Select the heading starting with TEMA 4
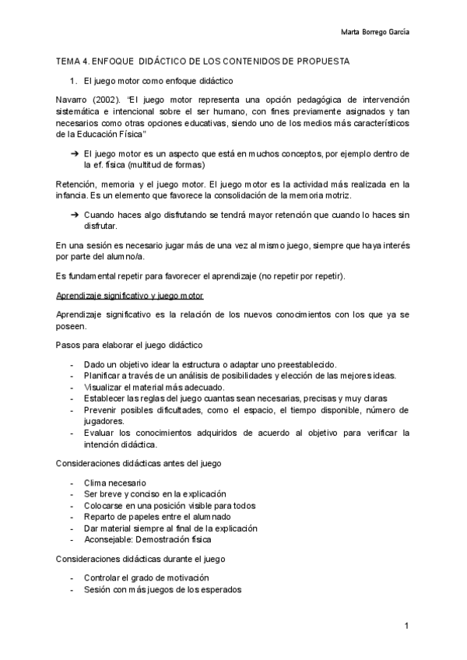(202, 61)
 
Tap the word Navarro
(73, 100)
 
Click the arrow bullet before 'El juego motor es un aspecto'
(75, 154)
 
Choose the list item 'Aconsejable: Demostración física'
(147, 539)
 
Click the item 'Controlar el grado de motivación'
(147, 578)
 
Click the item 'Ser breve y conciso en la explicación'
(155, 493)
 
